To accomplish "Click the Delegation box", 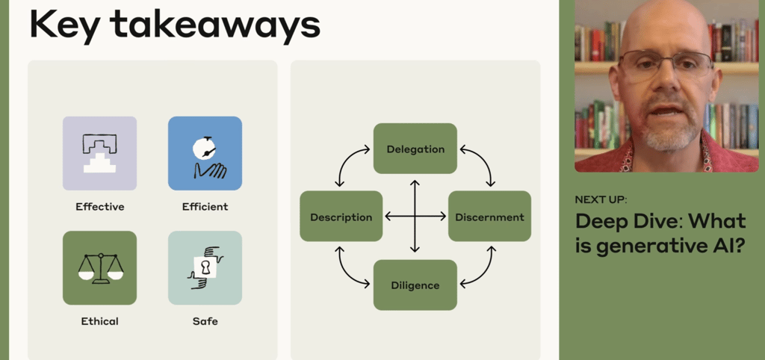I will pyautogui.click(x=415, y=149).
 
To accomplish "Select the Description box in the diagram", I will pyautogui.click(x=341, y=217).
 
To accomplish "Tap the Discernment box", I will pyautogui.click(x=489, y=217).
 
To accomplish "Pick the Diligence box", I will pyautogui.click(x=415, y=285).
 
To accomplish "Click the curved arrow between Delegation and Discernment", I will pyautogui.click(x=481, y=163).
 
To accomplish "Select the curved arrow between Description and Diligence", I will pyautogui.click(x=349, y=269).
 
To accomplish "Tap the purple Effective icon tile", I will pyautogui.click(x=99, y=153).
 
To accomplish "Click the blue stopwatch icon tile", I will pyautogui.click(x=205, y=153).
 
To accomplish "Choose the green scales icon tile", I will pyautogui.click(x=99, y=267).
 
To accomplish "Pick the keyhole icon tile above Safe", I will pyautogui.click(x=205, y=267).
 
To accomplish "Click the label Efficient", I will pyautogui.click(x=205, y=207).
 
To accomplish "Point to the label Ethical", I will pyautogui.click(x=99, y=321).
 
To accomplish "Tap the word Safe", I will pyautogui.click(x=205, y=321).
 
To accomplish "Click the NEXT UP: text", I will pyautogui.click(x=601, y=199).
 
